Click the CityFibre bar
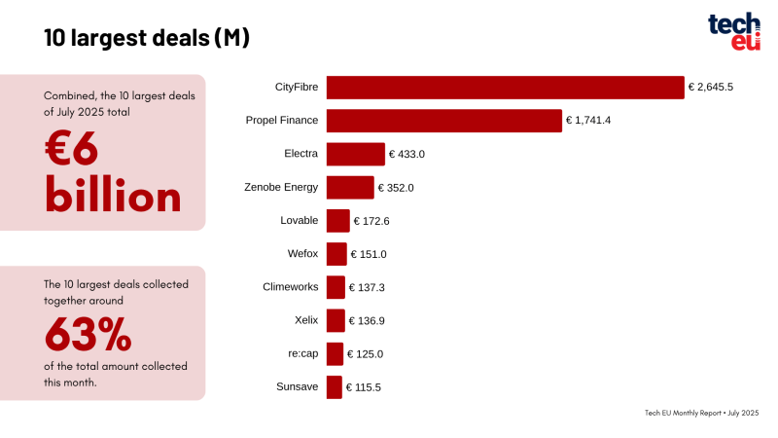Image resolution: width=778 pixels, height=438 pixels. click(x=505, y=88)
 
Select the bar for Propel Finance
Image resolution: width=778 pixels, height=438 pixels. click(x=443, y=121)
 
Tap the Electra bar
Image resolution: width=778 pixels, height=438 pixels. click(x=355, y=154)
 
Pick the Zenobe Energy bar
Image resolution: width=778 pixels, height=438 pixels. click(x=350, y=188)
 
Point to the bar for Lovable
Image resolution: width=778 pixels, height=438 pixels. click(x=337, y=221)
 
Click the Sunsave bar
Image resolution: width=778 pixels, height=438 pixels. click(x=334, y=387)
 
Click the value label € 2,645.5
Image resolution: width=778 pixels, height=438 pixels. click(x=710, y=88)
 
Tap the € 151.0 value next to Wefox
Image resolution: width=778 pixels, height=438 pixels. click(x=370, y=255)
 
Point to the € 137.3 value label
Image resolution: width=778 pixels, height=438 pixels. click(x=368, y=288)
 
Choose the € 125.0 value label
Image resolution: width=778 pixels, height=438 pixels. click(x=367, y=354)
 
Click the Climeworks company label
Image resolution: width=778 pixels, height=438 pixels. click(x=290, y=288)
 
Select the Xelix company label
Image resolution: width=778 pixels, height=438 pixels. click(x=306, y=321)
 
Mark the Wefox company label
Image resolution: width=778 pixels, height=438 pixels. click(x=303, y=255)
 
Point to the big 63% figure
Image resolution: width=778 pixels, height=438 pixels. click(x=88, y=335)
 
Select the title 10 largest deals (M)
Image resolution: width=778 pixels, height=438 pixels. click(x=147, y=38)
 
